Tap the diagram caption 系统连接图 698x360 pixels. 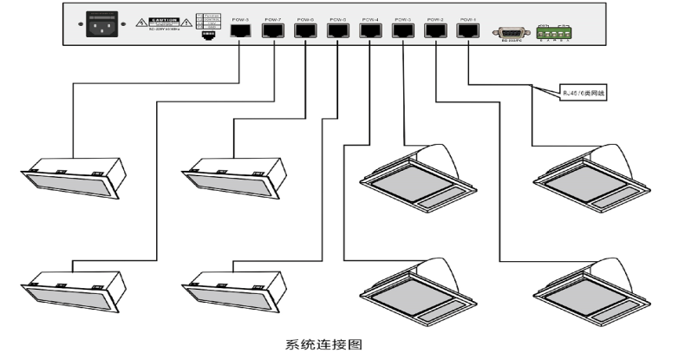[x=322, y=344]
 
